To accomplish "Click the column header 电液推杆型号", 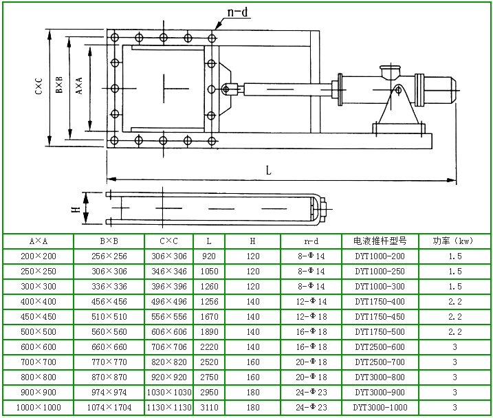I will point(380,241).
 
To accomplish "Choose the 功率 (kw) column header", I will point(454,241).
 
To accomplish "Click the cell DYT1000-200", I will point(380,256).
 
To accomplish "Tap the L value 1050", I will point(209,272).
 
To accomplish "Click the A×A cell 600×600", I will point(38,347).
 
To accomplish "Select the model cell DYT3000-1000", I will point(380,408).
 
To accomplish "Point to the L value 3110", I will point(209,408).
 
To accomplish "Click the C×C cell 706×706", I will point(168,347).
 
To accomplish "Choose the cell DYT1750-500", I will point(380,332).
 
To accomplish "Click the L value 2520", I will point(209,362).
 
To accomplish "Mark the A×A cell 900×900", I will point(38,393).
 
